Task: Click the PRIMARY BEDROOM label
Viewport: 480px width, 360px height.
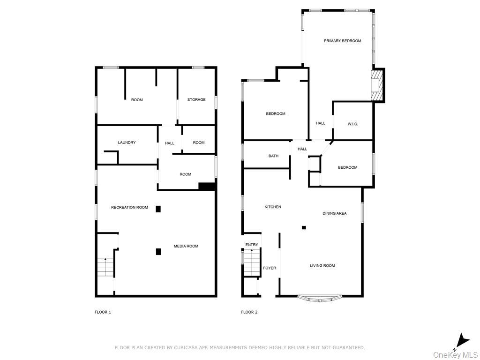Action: [342, 41]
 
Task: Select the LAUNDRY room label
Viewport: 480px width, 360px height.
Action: [127, 142]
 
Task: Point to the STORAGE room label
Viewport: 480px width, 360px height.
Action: [196, 99]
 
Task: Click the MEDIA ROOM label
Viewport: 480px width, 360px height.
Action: [186, 246]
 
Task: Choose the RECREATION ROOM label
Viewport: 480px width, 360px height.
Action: [129, 207]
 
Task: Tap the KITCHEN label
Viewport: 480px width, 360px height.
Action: [273, 207]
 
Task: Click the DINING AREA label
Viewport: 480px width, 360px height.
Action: [334, 213]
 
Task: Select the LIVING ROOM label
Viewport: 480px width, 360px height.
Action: [322, 266]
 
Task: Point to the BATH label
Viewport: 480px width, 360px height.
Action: [273, 156]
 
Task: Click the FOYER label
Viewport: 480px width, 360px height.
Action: [270, 268]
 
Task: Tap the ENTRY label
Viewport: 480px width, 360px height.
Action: [252, 245]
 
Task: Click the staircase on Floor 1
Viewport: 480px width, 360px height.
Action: [105, 267]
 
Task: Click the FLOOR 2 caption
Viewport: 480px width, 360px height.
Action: [249, 312]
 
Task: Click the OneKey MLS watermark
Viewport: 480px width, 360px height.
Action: [455, 354]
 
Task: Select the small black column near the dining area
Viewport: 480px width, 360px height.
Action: [304, 228]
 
